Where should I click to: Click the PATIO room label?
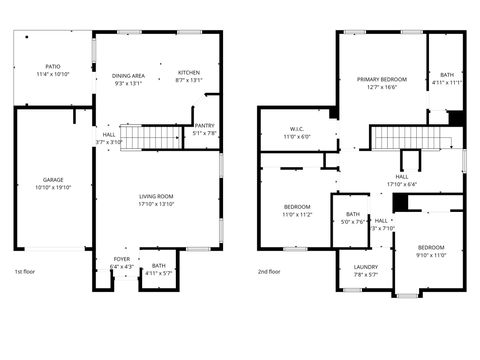52,66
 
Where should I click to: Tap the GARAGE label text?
52,180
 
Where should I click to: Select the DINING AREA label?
129,75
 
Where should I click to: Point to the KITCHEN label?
189,72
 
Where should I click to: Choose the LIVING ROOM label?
156,196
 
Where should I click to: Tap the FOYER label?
121,259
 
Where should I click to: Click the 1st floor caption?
27,271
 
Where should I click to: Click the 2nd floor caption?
268,271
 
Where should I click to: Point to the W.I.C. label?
297,129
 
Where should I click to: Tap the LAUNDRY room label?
366,267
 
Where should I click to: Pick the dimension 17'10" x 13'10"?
156,204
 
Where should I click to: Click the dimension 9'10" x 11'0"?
431,255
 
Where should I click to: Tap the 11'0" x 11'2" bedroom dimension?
298,214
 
